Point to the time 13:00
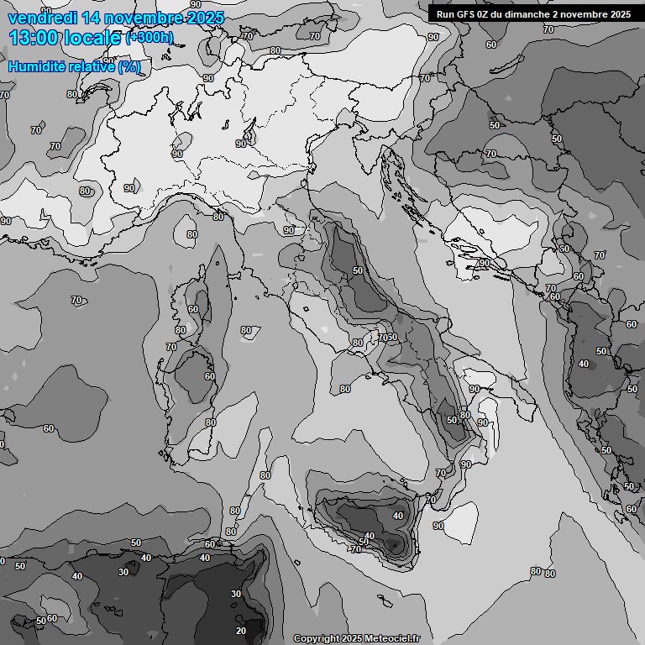[36, 38]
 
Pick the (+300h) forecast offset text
[149, 38]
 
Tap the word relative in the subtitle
[90, 66]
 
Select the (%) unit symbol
[128, 66]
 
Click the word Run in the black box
[446, 14]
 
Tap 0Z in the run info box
[487, 14]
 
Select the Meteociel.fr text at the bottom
[391, 639]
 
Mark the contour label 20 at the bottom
[241, 630]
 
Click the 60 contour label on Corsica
[193, 309]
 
